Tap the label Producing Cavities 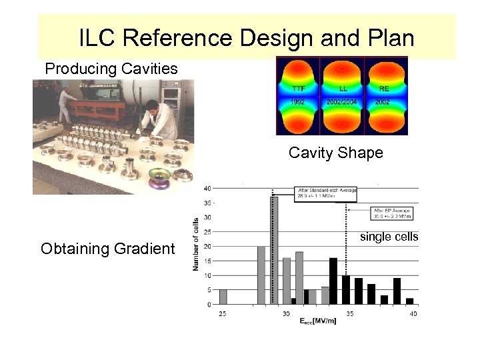(x=111, y=69)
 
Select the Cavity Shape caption (x=336, y=153)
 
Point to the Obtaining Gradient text (x=108, y=249)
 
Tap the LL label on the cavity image (x=342, y=89)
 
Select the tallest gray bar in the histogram (x=274, y=250)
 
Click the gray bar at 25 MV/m (x=223, y=297)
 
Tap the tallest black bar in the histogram (x=333, y=281)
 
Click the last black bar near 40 (x=409, y=301)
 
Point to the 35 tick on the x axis (x=349, y=313)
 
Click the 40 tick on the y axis (x=209, y=187)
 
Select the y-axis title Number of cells (x=196, y=244)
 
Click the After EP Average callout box (x=391, y=213)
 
